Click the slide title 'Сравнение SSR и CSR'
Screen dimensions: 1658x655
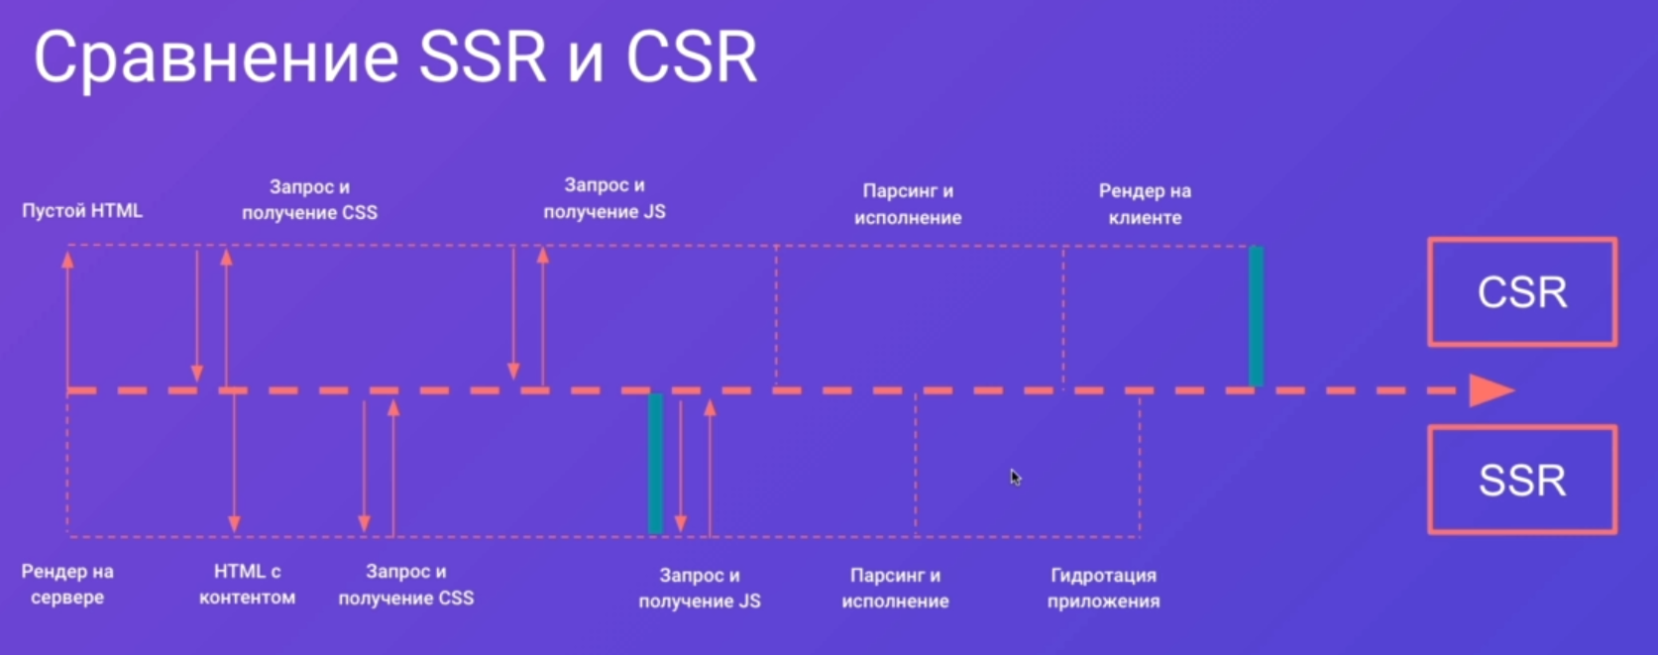pos(396,57)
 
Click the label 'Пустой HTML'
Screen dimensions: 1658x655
pos(82,211)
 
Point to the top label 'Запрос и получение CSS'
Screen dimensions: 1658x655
pos(309,200)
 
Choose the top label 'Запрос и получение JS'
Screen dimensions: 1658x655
pos(604,198)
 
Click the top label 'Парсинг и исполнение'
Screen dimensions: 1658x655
pos(908,204)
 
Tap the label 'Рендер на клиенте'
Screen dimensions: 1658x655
pos(1145,204)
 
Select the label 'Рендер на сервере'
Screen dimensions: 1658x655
pos(67,584)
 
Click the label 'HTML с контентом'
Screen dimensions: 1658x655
pos(247,584)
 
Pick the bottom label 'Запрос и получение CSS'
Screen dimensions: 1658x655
pos(405,584)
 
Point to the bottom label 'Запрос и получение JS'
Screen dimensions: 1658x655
pos(700,588)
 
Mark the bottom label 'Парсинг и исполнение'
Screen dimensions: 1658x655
pos(895,588)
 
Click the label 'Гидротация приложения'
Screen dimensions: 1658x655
pos(1103,588)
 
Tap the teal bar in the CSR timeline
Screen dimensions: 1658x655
pos(1256,316)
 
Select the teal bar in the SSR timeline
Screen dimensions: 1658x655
pos(655,464)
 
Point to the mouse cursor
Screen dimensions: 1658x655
pos(1016,478)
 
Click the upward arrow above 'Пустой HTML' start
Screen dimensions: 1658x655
pos(68,320)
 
